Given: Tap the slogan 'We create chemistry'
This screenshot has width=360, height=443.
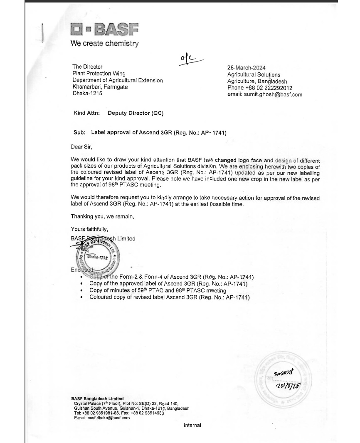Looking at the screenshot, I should pyautogui.click(x=104, y=43).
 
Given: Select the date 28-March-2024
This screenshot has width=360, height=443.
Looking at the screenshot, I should pyautogui.click(x=246, y=68).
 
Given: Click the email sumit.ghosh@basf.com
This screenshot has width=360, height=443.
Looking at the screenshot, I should pyautogui.click(x=264, y=94).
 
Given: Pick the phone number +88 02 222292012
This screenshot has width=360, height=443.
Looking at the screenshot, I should pyautogui.click(x=259, y=88).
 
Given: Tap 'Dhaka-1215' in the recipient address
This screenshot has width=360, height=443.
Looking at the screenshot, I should pyautogui.click(x=87, y=93).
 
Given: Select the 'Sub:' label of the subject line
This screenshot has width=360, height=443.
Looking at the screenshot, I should pyautogui.click(x=79, y=133).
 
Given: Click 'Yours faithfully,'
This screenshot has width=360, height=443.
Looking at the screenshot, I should pyautogui.click(x=89, y=229).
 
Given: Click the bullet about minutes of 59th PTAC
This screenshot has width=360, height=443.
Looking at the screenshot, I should pyautogui.click(x=158, y=290).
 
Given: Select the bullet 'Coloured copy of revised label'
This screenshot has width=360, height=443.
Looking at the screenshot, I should pyautogui.click(x=169, y=297).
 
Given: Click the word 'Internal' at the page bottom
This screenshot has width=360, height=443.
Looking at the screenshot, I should pyautogui.click(x=192, y=425).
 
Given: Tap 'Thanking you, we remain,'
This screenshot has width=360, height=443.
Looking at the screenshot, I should pyautogui.click(x=102, y=216).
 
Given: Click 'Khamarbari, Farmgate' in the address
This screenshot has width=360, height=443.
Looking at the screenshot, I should pyautogui.click(x=100, y=87).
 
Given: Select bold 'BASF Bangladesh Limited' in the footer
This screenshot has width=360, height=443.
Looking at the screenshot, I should pyautogui.click(x=97, y=398).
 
